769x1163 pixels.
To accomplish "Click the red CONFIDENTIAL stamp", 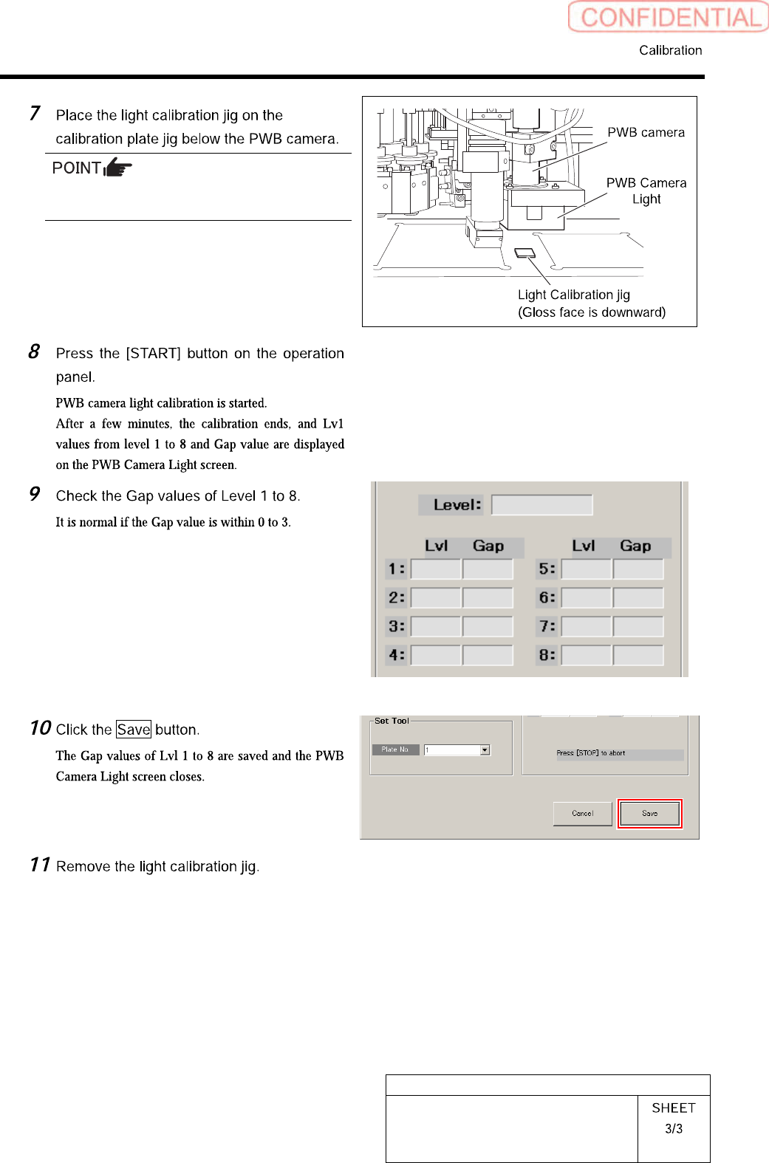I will (668, 17).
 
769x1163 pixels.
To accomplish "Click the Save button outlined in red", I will (649, 814).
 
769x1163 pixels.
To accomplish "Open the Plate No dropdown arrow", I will (485, 750).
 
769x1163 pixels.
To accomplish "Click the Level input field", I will (541, 505).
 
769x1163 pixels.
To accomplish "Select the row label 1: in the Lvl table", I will (397, 569).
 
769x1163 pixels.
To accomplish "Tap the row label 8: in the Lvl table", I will (547, 655).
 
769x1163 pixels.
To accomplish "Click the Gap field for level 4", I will (488, 655).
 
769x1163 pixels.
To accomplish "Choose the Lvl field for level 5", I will (587, 569).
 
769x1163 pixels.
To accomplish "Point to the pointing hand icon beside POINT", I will (117, 168).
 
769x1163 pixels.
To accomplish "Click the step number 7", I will (35, 114).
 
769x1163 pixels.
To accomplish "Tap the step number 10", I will (41, 728).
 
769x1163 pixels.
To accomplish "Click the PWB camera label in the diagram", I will (646, 133).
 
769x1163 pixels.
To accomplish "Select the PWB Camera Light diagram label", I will (646, 191).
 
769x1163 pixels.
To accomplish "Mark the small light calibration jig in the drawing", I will (524, 253).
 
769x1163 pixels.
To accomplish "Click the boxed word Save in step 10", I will (134, 730).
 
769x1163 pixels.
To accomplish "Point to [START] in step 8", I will (153, 354).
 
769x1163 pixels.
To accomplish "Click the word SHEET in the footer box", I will (674, 1108).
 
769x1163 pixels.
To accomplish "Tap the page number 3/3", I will (674, 1129).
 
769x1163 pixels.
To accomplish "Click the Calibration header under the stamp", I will (670, 50).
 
